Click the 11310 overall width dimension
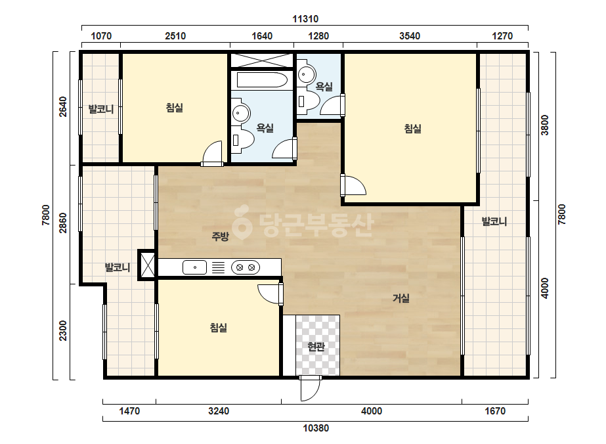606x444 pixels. [305, 19]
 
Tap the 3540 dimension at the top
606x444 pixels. [410, 36]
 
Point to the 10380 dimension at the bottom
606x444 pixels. [316, 428]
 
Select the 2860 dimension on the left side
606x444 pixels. [62, 223]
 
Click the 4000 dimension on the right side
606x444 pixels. [544, 288]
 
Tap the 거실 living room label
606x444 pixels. [401, 298]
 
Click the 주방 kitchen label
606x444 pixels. [221, 236]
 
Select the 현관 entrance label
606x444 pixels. [316, 347]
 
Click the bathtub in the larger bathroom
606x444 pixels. [262, 80]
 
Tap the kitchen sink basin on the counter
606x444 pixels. [194, 267]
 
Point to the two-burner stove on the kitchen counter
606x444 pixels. [246, 267]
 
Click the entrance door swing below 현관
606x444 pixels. [311, 388]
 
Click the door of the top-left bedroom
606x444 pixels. [212, 154]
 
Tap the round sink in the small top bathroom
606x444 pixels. [307, 74]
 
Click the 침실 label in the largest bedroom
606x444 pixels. [413, 128]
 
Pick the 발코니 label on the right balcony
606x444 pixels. [494, 221]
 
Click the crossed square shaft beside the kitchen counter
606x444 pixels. [147, 265]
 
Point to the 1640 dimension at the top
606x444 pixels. [262, 36]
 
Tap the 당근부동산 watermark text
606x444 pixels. [302, 225]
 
